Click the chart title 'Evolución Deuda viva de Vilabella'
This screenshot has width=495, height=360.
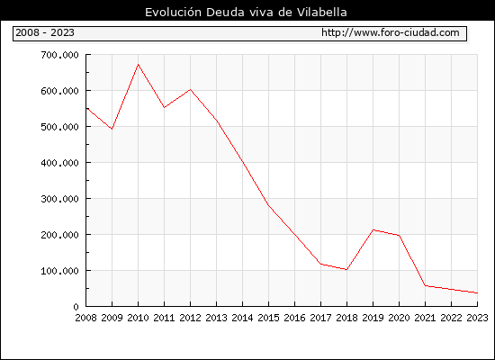pyautogui.click(x=246, y=13)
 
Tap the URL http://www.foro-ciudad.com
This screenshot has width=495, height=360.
pyautogui.click(x=391, y=32)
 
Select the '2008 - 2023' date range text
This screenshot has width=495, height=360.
pyautogui.click(x=45, y=32)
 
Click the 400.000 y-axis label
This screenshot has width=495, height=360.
pyautogui.click(x=59, y=163)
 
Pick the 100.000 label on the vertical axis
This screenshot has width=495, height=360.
pyautogui.click(x=59, y=271)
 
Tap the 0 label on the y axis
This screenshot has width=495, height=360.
pyautogui.click(x=76, y=307)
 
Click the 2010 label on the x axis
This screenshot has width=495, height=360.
pyautogui.click(x=138, y=318)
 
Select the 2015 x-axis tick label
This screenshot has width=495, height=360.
pyautogui.click(x=269, y=318)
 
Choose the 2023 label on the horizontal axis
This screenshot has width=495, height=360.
pyautogui.click(x=477, y=318)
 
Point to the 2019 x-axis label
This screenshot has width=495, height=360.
pyautogui.click(x=373, y=318)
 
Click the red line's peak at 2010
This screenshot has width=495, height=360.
pyautogui.click(x=138, y=65)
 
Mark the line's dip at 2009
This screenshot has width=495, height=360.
pyautogui.click(x=112, y=129)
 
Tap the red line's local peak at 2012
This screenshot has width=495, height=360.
pyautogui.click(x=191, y=90)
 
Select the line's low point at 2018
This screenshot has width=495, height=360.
pyautogui.click(x=346, y=270)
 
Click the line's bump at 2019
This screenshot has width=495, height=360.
pyautogui.click(x=373, y=229)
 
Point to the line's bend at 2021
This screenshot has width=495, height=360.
pyautogui.click(x=425, y=286)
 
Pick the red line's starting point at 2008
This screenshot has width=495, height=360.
pyautogui.click(x=86, y=108)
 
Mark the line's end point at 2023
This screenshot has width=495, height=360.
pyautogui.click(x=477, y=293)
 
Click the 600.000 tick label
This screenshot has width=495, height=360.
pyautogui.click(x=59, y=91)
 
